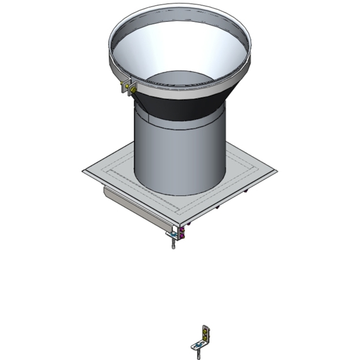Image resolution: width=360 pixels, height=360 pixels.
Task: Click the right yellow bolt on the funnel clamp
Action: click(134, 90)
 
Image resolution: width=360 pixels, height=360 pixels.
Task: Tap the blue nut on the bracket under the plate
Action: click(173, 235)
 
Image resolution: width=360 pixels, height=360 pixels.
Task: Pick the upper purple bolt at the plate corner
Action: click(182, 229)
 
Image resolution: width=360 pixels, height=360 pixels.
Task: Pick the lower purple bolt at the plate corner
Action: click(182, 236)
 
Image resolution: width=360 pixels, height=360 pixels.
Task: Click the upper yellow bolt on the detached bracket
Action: click(205, 331)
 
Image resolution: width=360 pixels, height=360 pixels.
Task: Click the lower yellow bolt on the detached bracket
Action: click(205, 338)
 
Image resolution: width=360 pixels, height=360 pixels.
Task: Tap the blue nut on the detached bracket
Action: click(198, 345)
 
